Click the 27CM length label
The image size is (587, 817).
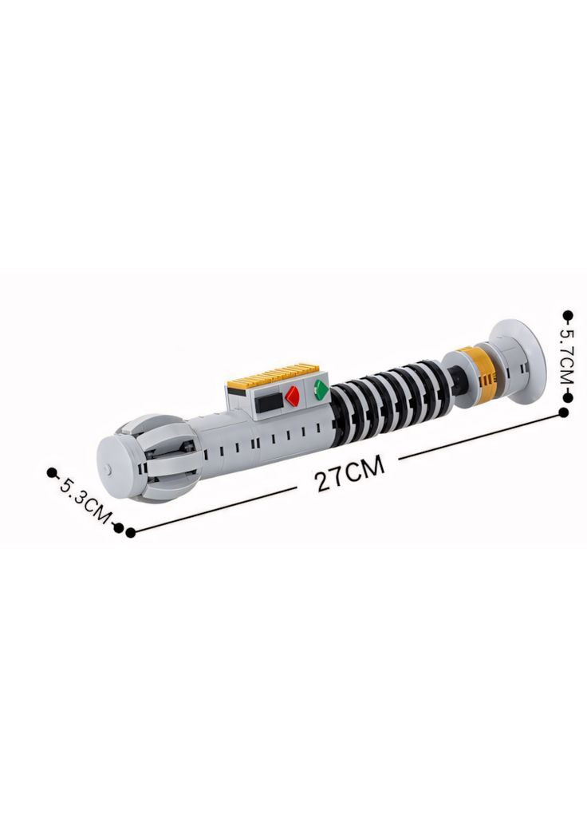pyautogui.click(x=350, y=472)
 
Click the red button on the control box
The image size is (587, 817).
pyautogui.click(x=292, y=396)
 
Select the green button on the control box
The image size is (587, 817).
pyautogui.click(x=321, y=389)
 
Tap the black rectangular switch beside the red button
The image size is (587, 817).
pyautogui.click(x=269, y=402)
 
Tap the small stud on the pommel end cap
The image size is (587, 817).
pyautogui.click(x=108, y=468)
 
